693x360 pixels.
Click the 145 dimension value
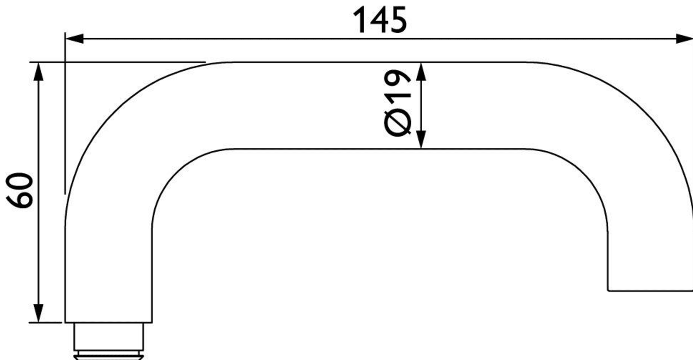click(380, 20)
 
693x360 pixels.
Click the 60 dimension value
click(19, 190)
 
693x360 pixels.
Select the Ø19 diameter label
click(397, 103)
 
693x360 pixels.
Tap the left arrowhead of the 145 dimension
click(75, 39)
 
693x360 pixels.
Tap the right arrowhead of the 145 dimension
click(684, 39)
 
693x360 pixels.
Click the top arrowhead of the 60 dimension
click(38, 72)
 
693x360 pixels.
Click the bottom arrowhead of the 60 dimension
click(38, 313)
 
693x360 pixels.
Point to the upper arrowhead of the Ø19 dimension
click(421, 72)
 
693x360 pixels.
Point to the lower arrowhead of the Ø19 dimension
click(421, 139)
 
